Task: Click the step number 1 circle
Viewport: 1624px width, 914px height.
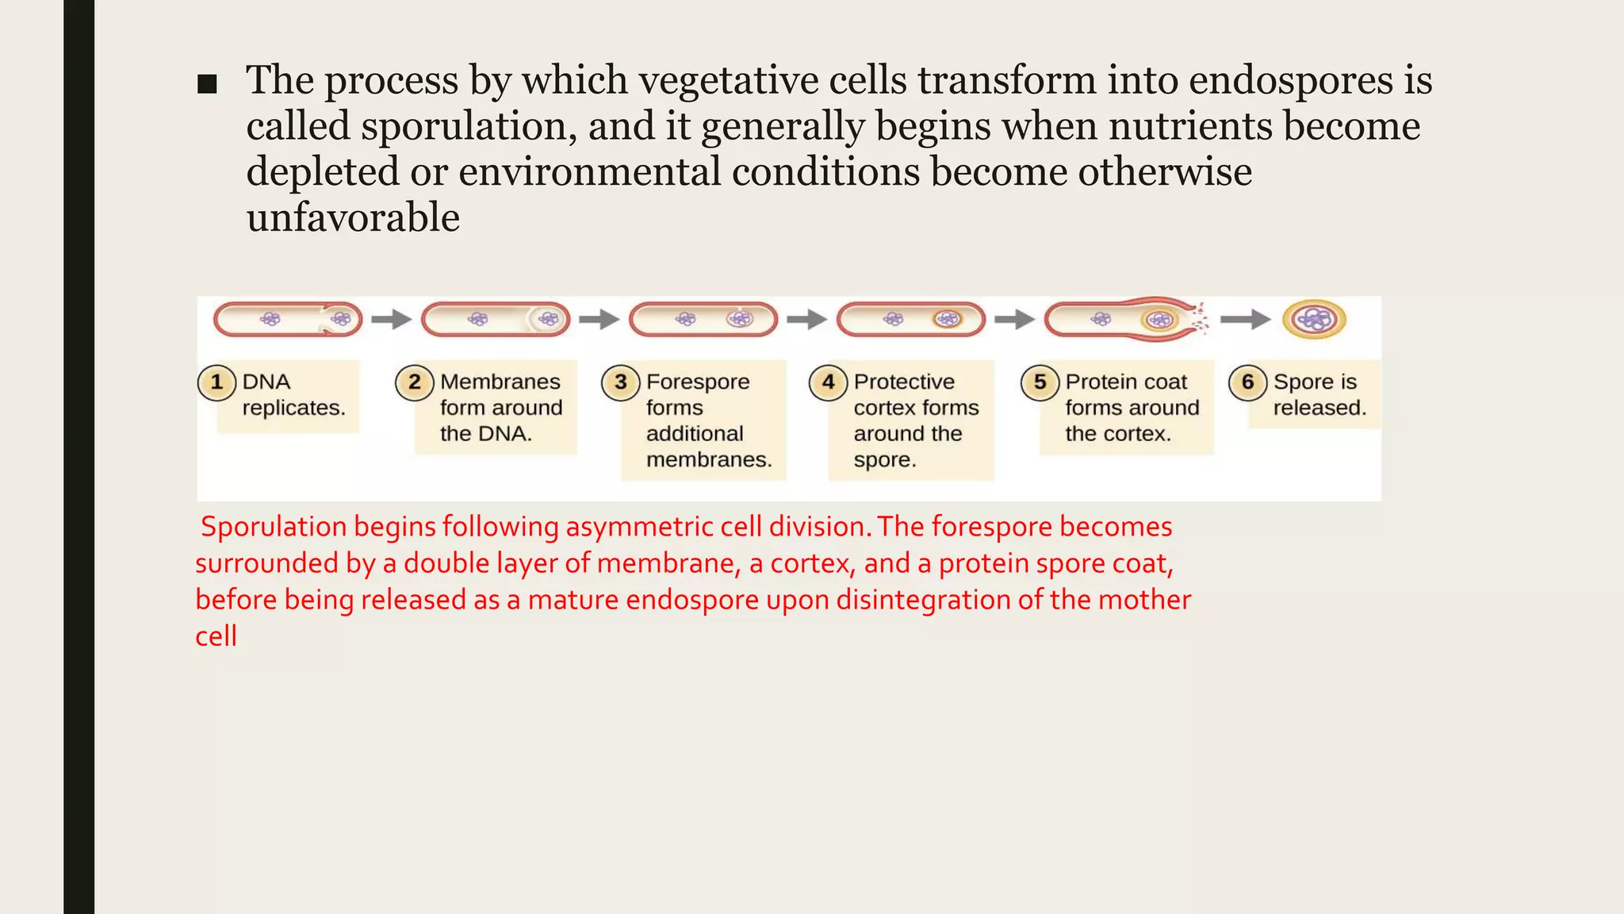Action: point(216,382)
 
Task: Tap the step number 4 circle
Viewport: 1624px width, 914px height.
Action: point(828,382)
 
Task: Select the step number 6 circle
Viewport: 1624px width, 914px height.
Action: point(1247,382)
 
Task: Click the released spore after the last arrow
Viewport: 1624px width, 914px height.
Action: point(1314,320)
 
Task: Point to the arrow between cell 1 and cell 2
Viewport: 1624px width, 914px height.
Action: point(391,320)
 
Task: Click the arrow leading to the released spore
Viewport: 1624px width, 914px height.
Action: point(1245,320)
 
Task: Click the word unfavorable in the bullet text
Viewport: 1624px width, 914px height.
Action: point(353,217)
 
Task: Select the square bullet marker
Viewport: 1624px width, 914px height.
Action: point(207,84)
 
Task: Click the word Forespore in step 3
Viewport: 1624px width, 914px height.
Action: point(698,382)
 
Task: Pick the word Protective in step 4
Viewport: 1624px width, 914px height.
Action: point(904,382)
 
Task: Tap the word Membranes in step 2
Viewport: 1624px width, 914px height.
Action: point(500,382)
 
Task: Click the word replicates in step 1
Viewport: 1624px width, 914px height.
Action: point(293,408)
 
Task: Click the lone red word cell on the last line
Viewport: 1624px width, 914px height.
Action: point(216,636)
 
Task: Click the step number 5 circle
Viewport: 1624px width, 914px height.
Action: point(1040,382)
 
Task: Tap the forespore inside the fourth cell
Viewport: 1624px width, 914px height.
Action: point(947,320)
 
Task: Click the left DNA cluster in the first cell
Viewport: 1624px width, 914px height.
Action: point(270,320)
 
